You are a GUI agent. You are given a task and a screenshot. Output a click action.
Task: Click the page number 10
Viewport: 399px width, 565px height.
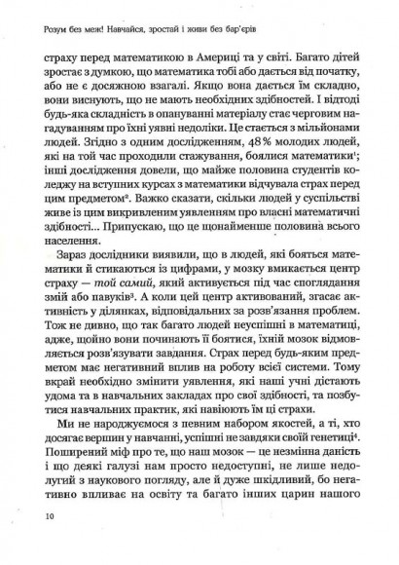38,541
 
